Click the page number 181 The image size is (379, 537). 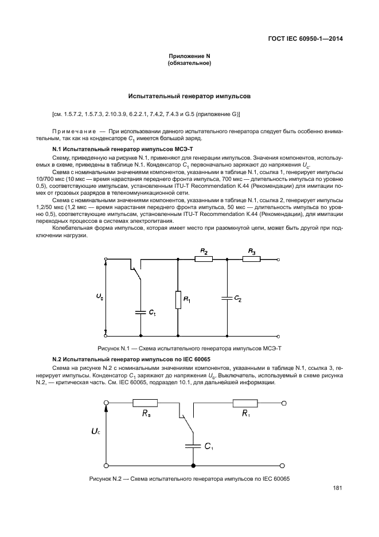337,489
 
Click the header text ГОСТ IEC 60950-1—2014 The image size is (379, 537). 309,40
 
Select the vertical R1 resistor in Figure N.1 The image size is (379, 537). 178,299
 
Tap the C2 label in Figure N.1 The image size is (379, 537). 239,299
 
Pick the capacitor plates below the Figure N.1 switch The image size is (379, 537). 141,312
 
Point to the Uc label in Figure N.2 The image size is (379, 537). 95,429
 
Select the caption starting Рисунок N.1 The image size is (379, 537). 189,349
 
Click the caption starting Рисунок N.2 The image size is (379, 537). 189,479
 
